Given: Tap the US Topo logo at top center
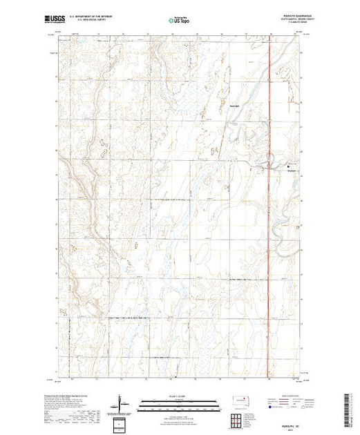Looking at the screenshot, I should click(177, 20).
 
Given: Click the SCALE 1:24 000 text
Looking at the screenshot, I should click(177, 397).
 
